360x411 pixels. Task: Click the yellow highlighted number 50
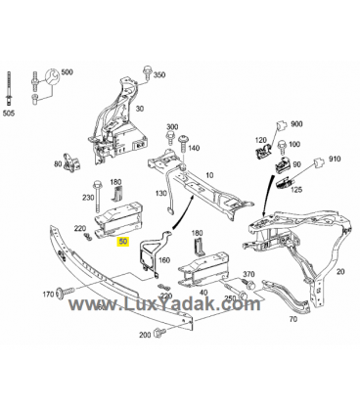pos(123,242)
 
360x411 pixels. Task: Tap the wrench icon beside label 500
pos(52,77)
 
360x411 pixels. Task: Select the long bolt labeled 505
pos(9,88)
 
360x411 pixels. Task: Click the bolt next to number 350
pos(146,72)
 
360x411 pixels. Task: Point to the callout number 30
pos(140,109)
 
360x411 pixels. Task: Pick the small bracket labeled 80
pos(72,161)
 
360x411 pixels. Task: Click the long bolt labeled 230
pos(97,195)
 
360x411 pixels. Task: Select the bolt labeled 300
pos(170,138)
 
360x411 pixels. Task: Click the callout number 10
pos(209,175)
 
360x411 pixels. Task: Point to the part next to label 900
pos(282,125)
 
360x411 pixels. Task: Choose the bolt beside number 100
pos(281,147)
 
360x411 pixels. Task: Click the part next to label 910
pos(319,161)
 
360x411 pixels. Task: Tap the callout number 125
pos(296,189)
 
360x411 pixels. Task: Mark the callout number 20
pos(340,271)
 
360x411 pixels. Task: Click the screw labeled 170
pos(66,291)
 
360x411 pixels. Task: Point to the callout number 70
pos(293,319)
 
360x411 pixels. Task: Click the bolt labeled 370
pos(248,283)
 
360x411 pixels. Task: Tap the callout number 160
pos(164,260)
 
